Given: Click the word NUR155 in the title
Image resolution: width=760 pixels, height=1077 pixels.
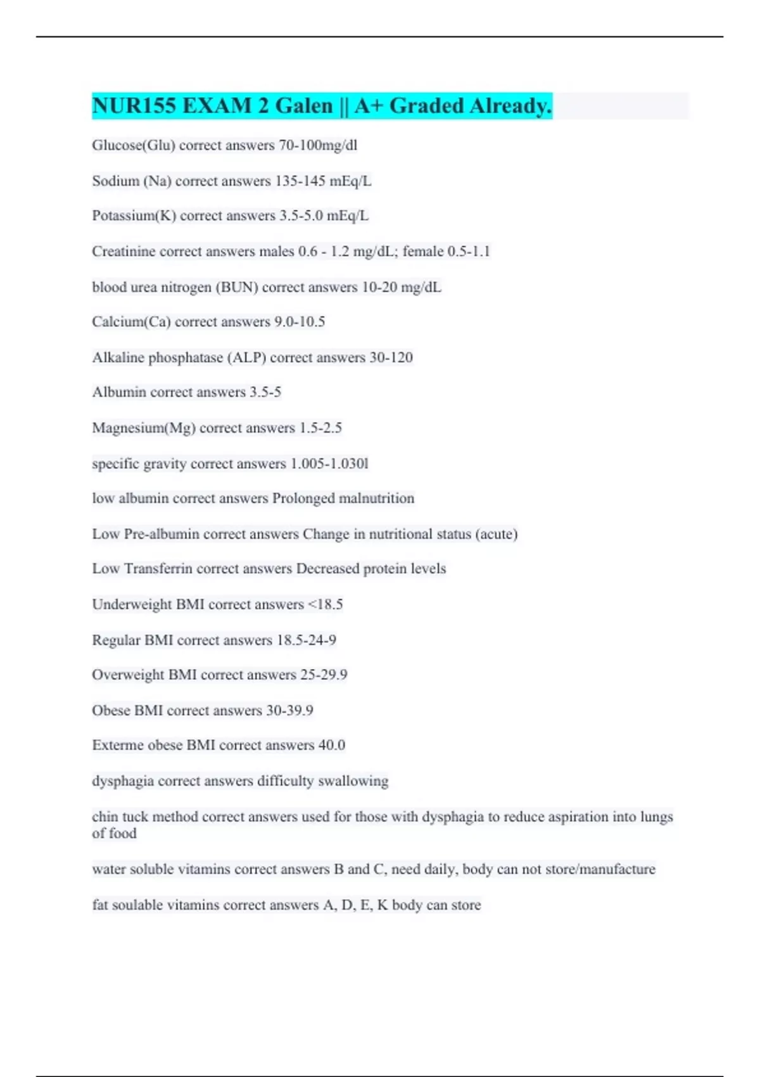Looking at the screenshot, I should pos(134,106).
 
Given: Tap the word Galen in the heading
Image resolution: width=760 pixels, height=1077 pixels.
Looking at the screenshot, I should pos(303,106).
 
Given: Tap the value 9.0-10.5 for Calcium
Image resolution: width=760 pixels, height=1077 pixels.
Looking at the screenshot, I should pos(299,322).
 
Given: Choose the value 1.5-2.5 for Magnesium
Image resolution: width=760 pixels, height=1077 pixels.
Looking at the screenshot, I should pos(320,428).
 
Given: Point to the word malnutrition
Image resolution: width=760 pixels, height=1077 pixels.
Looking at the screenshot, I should pos(376,499).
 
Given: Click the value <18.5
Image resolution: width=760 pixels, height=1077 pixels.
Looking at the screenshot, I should pos(325,604).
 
